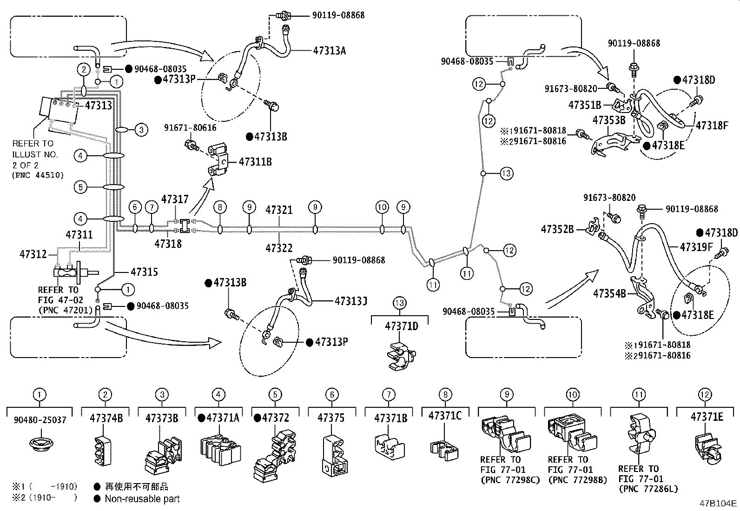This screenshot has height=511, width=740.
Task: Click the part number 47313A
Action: (x=330, y=51)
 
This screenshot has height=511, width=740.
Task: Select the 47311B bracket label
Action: (x=255, y=162)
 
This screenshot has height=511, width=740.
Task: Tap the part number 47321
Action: (x=279, y=210)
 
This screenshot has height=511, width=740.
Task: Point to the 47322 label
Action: (x=279, y=248)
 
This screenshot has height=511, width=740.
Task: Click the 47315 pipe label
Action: (x=145, y=272)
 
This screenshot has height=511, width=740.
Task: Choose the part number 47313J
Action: (x=351, y=301)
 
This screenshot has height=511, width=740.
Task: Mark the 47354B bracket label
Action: (x=609, y=293)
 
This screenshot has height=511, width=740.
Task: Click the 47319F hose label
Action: (x=696, y=247)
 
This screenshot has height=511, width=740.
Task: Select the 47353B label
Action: (x=609, y=120)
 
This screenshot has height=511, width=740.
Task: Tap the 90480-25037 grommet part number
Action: (x=40, y=420)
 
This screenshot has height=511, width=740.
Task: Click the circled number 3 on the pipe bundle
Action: (x=141, y=130)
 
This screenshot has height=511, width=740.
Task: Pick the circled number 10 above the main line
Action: (x=382, y=207)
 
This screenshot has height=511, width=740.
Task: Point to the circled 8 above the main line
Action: (x=220, y=207)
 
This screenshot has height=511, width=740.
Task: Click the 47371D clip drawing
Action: (x=402, y=356)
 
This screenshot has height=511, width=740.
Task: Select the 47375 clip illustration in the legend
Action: (x=334, y=456)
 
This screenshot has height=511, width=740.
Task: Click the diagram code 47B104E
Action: (x=718, y=504)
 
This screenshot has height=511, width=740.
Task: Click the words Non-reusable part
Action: (x=142, y=499)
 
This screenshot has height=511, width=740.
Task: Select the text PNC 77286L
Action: (x=648, y=489)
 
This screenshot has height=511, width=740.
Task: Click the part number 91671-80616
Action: (x=190, y=128)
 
